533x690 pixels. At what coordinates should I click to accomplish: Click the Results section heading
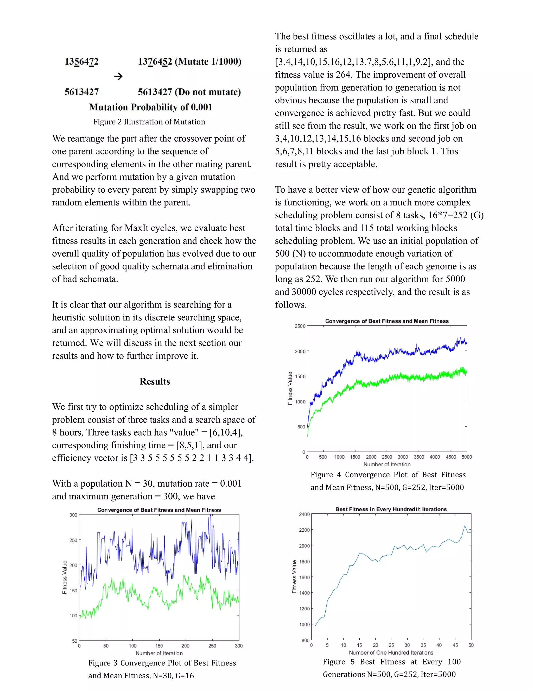(155, 381)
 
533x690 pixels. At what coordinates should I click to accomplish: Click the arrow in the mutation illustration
(118, 77)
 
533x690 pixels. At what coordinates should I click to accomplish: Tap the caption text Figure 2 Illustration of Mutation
(149, 122)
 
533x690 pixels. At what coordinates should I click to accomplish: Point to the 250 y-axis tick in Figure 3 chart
(73, 540)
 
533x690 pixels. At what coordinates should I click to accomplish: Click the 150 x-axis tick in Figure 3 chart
(159, 646)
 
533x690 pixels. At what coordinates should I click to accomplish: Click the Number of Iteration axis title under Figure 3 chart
(159, 653)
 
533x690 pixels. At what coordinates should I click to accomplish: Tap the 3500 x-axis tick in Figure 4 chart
(419, 457)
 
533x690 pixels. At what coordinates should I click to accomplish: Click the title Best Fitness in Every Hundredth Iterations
(391, 509)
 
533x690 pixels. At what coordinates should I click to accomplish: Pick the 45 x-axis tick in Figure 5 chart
(455, 645)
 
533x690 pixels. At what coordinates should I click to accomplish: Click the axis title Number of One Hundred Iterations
(391, 653)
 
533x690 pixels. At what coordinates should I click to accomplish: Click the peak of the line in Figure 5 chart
(465, 526)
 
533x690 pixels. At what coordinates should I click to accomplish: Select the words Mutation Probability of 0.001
(150, 107)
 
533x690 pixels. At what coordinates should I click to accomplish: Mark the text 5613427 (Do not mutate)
(189, 92)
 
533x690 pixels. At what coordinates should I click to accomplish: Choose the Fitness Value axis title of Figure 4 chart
(290, 388)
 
